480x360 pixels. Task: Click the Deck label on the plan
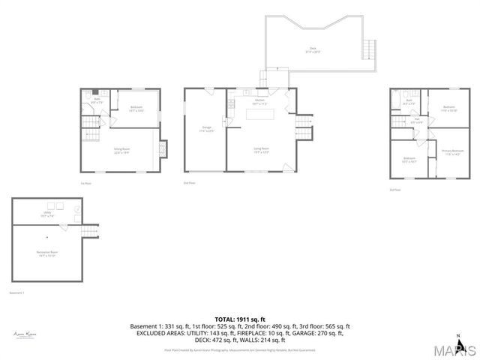(312, 50)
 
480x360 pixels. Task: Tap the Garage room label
(207, 129)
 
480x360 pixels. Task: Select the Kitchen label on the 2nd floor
(259, 101)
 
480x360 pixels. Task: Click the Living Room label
(261, 149)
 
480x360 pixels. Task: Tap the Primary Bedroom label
(452, 153)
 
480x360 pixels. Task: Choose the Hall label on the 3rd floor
(416, 120)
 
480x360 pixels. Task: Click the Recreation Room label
(46, 253)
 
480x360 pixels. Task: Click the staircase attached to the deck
(367, 50)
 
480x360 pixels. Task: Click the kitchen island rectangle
(261, 114)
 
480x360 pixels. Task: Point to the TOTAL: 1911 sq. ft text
(240, 319)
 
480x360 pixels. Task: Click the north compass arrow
(458, 338)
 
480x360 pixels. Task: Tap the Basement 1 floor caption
(17, 292)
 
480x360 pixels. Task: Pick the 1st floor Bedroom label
(136, 109)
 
